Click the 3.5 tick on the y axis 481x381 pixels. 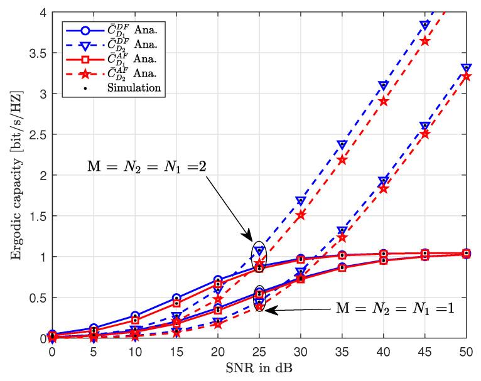(38, 53)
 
